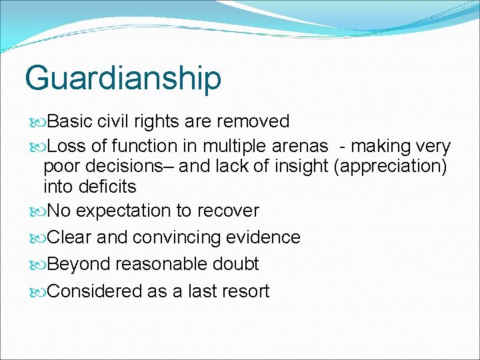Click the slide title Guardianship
point(123,78)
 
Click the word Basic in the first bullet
point(71,121)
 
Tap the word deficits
point(89,186)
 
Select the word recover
point(227,211)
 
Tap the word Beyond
point(79,264)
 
